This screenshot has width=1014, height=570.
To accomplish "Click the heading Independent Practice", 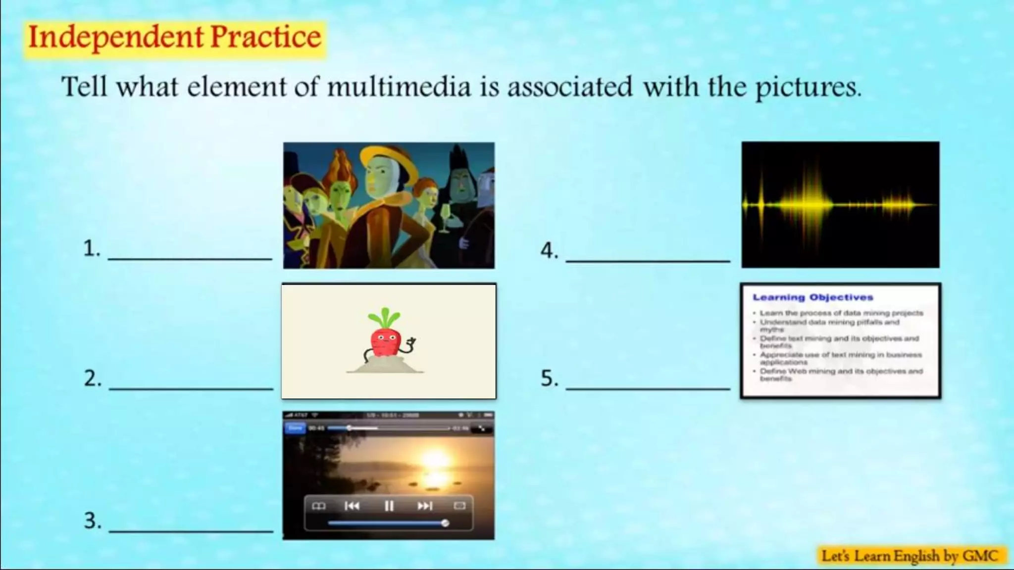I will pyautogui.click(x=175, y=38).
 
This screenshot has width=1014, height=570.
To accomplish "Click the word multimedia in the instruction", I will pyautogui.click(x=399, y=87).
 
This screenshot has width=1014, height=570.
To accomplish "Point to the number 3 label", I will pyautogui.click(x=92, y=521).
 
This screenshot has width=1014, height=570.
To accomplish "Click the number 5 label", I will pyautogui.click(x=549, y=379).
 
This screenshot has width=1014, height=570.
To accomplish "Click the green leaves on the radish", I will pyautogui.click(x=384, y=318).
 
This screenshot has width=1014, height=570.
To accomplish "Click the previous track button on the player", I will pyautogui.click(x=352, y=506).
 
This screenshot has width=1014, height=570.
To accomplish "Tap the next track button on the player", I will pyautogui.click(x=425, y=506).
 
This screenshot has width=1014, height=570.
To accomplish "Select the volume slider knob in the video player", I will pyautogui.click(x=445, y=523).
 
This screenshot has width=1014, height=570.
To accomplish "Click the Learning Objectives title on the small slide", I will pyautogui.click(x=812, y=297).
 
